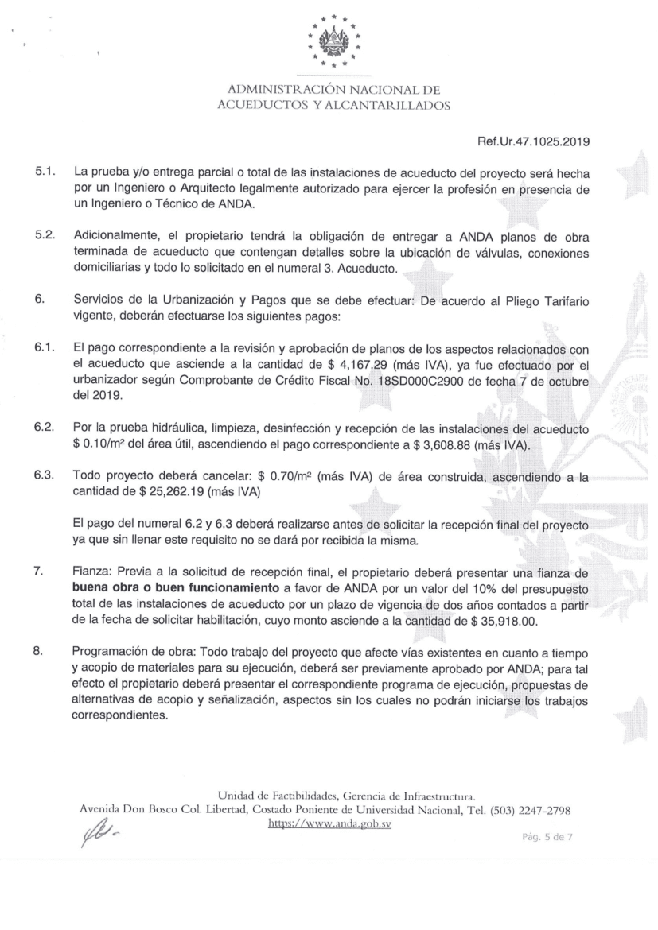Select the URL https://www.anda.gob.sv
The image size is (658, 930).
click(330, 823)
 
